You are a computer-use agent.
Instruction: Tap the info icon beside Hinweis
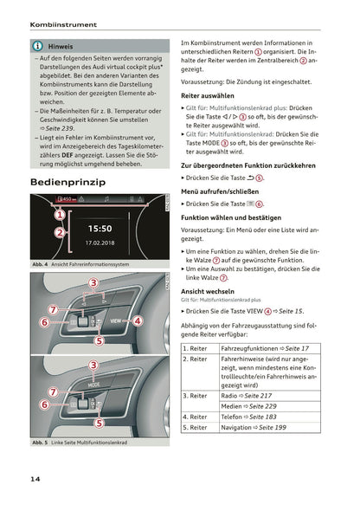click(39, 45)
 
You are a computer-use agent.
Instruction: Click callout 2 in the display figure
click(59, 232)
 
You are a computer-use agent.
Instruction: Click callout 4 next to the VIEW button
click(136, 320)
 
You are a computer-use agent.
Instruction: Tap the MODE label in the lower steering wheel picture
click(93, 384)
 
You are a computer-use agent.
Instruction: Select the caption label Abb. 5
click(40, 443)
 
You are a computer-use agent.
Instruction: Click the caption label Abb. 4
click(40, 263)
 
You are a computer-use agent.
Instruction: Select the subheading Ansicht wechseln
click(205, 292)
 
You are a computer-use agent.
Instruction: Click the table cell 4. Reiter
click(196, 416)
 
